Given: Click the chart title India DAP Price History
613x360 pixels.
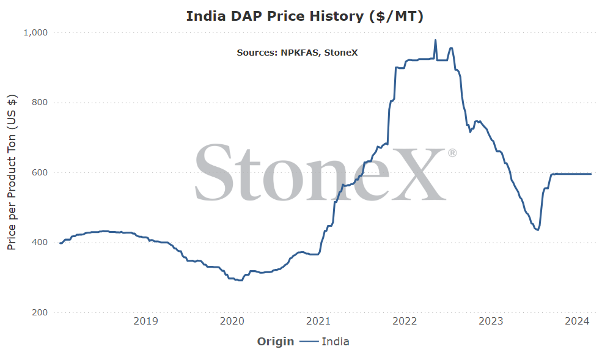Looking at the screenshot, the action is click(x=304, y=17).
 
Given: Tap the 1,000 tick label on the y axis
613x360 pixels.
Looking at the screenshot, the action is click(x=35, y=33).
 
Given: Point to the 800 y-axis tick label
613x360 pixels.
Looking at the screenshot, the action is click(x=40, y=103).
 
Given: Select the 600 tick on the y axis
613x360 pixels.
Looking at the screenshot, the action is click(x=40, y=172).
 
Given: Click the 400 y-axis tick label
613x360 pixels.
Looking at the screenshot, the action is click(x=40, y=243).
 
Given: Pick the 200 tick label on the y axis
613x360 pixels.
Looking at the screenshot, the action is click(x=40, y=312).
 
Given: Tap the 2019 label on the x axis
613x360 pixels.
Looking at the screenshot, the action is click(x=146, y=321).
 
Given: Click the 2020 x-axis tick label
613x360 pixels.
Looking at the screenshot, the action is click(x=232, y=321).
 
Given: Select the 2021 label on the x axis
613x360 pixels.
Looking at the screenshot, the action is click(x=318, y=321).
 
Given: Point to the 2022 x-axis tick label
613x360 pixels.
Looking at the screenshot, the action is click(x=405, y=321).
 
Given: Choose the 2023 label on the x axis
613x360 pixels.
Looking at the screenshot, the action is click(x=491, y=321).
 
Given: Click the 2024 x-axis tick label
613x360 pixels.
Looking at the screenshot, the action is click(x=577, y=321).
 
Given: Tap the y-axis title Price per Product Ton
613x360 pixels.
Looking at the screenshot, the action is click(x=12, y=172).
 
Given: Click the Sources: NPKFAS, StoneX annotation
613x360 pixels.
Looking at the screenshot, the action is click(x=297, y=53).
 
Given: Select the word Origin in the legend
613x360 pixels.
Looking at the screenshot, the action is click(x=275, y=342).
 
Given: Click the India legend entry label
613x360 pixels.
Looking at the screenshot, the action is click(x=336, y=342).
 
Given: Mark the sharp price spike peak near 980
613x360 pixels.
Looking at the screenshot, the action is click(x=436, y=40).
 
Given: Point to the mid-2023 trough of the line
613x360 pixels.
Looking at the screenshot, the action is click(x=538, y=230).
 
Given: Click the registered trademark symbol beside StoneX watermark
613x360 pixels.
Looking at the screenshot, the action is click(x=452, y=153).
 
